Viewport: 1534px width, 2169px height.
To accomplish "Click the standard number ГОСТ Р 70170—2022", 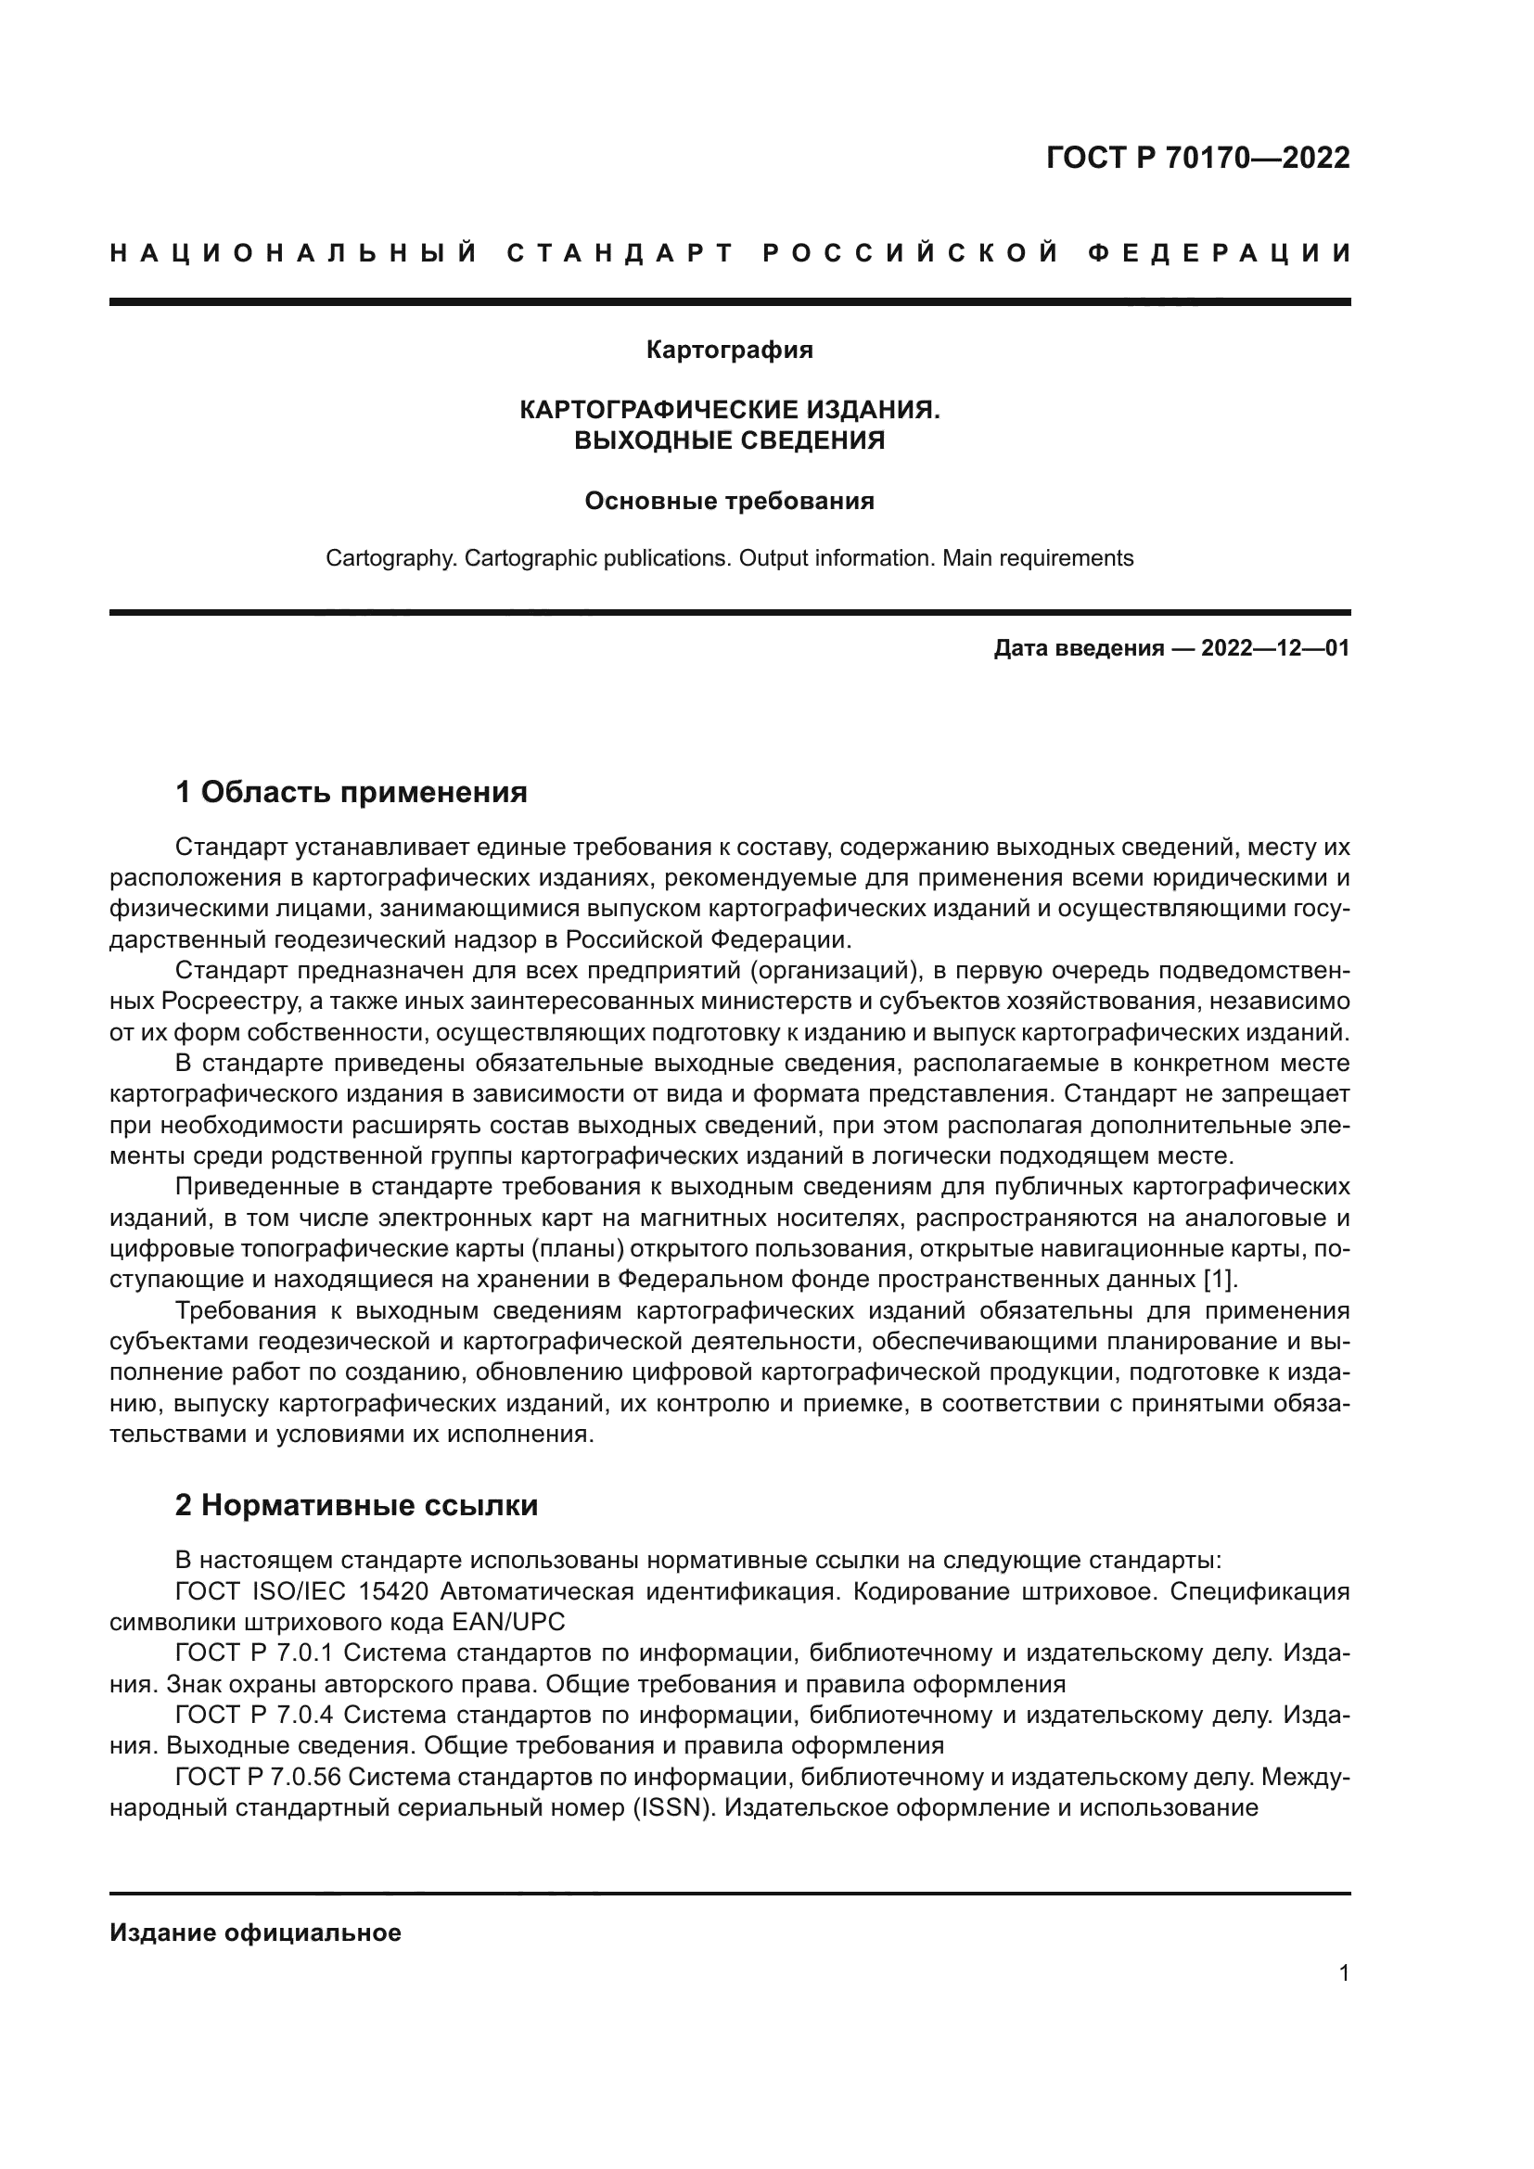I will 1196,158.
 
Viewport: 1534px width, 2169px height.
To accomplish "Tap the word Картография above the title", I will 729,351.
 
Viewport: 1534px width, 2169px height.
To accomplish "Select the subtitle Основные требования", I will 729,501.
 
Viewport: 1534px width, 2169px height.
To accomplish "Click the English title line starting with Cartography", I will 729,558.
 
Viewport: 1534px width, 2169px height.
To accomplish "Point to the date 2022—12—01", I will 1275,648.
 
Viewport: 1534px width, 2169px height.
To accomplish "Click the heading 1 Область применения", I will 352,792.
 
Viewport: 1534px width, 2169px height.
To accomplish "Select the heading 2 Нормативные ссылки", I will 356,1505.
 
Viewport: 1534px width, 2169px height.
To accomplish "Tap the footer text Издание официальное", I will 255,1933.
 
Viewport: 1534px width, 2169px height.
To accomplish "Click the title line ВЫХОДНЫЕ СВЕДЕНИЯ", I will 729,441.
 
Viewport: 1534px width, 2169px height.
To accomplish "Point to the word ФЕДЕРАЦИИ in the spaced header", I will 1220,253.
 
